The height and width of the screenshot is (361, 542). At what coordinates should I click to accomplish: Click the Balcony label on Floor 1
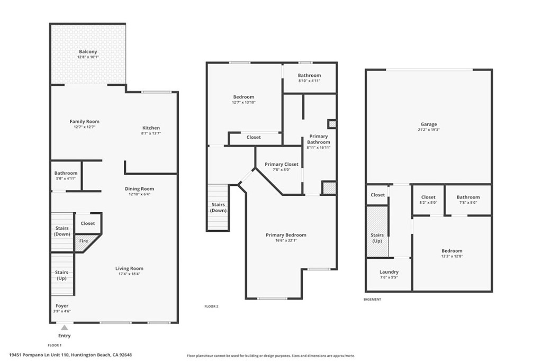88,51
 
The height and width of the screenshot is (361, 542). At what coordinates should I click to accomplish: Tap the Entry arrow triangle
64,328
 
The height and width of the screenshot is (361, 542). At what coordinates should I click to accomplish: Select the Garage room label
429,124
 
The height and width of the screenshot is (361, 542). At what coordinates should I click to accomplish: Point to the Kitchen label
151,128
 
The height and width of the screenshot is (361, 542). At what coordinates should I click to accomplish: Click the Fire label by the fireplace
84,241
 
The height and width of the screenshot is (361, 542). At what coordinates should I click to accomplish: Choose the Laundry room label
389,272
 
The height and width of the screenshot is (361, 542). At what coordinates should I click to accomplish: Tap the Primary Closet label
281,164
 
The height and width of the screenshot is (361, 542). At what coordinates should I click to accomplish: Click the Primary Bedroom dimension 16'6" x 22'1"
286,240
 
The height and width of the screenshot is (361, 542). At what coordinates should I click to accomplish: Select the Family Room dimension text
85,127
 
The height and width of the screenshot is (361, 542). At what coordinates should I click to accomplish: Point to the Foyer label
62,306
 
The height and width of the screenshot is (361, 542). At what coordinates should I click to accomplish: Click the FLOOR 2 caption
211,306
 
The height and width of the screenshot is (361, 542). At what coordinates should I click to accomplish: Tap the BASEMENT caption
372,299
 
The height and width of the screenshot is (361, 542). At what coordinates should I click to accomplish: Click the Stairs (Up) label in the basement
377,238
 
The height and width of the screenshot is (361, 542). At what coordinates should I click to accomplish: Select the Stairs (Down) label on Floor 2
218,207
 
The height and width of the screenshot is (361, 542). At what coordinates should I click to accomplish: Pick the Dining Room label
140,188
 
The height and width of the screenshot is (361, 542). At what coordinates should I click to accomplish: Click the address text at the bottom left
70,355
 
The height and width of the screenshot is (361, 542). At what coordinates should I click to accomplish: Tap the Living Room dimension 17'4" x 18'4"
130,274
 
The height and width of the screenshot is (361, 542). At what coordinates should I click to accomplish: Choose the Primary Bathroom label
319,139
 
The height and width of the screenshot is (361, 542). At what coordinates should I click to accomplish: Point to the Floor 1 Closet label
88,223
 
